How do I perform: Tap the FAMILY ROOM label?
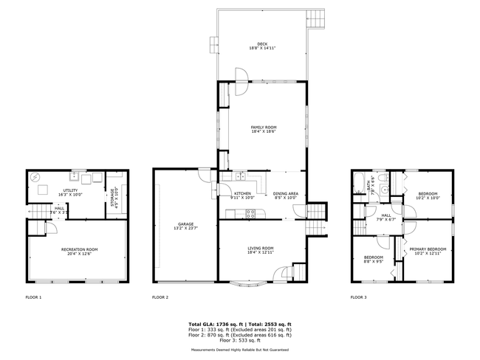[x=263, y=128]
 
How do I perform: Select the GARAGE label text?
[x=185, y=224]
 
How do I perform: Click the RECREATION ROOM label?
[x=79, y=250]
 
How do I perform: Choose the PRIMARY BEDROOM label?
[x=428, y=250]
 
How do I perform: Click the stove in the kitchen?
[x=250, y=214]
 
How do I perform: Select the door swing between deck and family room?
[x=240, y=74]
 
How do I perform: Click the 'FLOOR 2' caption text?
[x=160, y=297]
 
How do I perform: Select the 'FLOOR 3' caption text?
[x=358, y=297]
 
